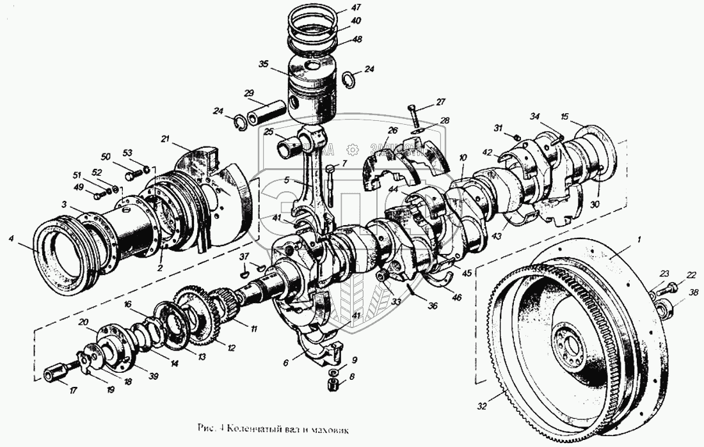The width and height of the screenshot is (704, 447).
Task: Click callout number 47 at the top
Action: coord(356,8)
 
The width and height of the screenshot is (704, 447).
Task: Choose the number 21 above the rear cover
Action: coord(165,139)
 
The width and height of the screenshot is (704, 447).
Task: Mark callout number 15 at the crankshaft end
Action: coord(564,117)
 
